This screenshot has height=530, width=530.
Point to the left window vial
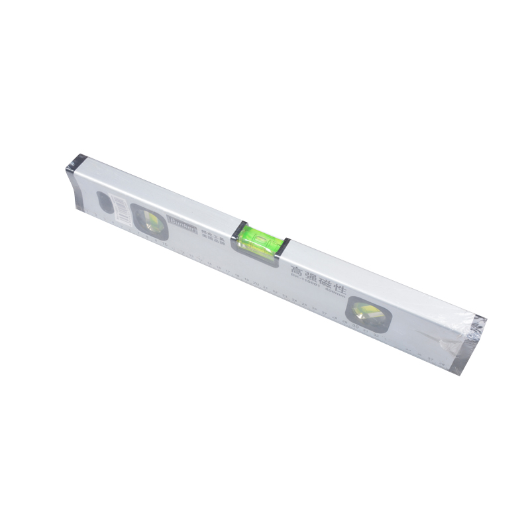[150, 221]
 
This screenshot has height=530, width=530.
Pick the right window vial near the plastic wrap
[365, 313]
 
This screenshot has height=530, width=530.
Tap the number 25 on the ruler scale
[305, 307]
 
